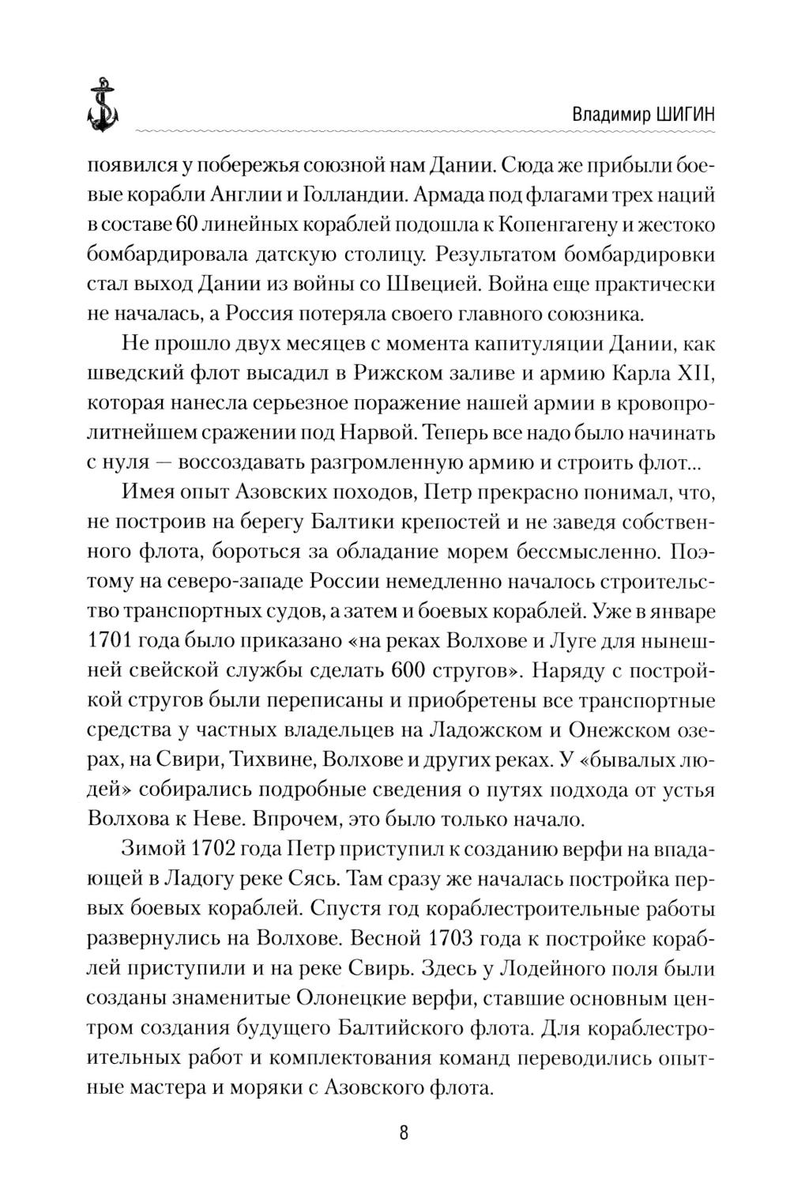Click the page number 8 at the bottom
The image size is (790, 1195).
click(x=404, y=1133)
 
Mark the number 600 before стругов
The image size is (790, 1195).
click(x=411, y=671)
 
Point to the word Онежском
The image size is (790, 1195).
click(x=620, y=731)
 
